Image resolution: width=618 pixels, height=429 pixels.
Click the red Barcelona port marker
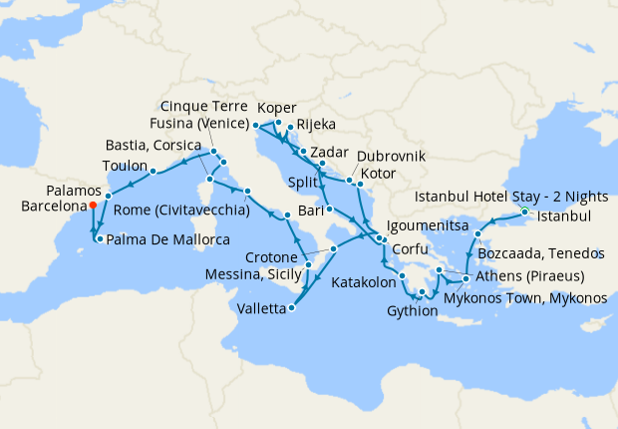click(93, 206)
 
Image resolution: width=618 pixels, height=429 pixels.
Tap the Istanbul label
click(564, 216)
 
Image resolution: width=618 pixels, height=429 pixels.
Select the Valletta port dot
click(291, 308)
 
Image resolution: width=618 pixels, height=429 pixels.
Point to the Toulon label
click(126, 165)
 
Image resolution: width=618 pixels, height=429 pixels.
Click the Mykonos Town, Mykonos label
click(524, 297)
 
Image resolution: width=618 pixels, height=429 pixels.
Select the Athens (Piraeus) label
click(529, 276)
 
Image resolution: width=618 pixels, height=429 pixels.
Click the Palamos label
click(74, 190)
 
